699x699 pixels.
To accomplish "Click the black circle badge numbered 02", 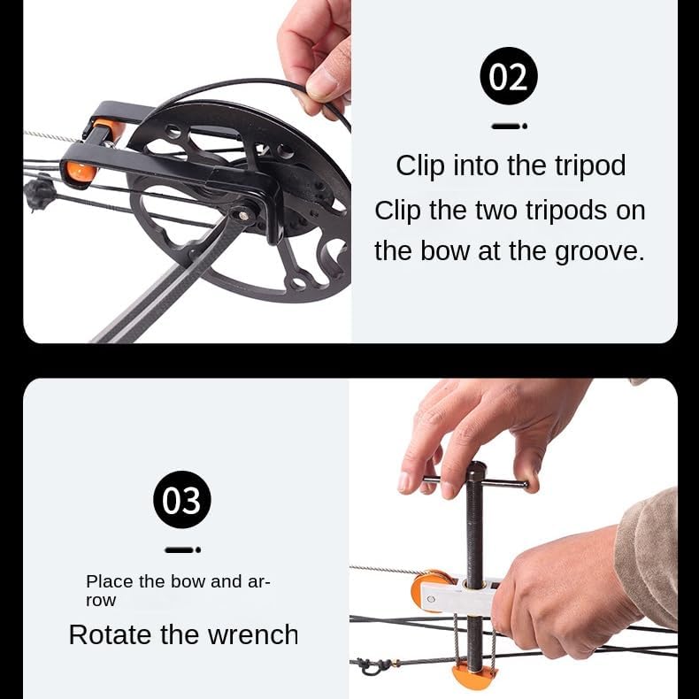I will pos(509,77).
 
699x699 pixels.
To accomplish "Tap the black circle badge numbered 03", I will pos(182,500).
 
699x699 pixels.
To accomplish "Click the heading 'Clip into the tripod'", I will pos(511,165).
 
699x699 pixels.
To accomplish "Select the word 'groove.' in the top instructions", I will pos(599,251).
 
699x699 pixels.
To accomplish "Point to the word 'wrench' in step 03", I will pos(253,634).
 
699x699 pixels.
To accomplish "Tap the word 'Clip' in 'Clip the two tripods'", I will pos(399,211).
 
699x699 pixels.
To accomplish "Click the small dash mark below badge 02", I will pos(509,127).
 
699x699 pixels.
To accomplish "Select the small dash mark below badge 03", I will pos(182,549).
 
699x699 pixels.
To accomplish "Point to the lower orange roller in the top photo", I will pos(80,170).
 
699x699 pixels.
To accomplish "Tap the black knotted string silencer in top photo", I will pos(38,191).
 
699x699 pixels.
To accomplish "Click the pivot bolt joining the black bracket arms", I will pos(240,213).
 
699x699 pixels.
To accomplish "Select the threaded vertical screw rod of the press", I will pos(476,531).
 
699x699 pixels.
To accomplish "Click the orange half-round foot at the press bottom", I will pos(474,677).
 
